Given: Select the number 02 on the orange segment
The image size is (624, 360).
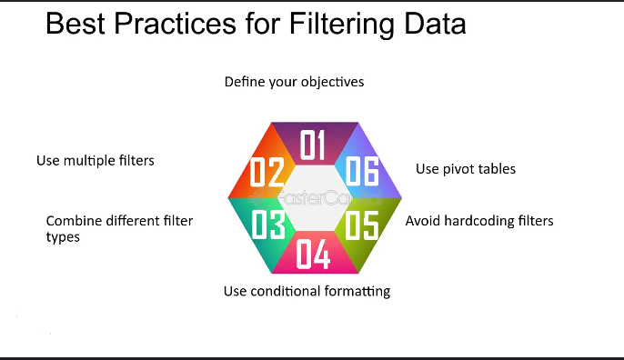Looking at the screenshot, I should (267, 173).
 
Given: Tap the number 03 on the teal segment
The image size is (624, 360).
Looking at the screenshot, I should (268, 224).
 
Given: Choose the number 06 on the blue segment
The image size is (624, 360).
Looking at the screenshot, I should (360, 173).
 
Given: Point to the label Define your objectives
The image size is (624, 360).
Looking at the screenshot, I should (294, 82).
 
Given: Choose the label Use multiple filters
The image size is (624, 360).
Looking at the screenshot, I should (95, 161).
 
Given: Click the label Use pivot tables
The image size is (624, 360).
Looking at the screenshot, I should (466, 169).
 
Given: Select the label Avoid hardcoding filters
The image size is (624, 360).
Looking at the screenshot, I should (478, 220).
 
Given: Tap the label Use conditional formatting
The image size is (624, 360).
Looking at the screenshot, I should (307, 291).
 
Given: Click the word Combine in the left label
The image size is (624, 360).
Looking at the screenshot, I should (72, 221).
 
